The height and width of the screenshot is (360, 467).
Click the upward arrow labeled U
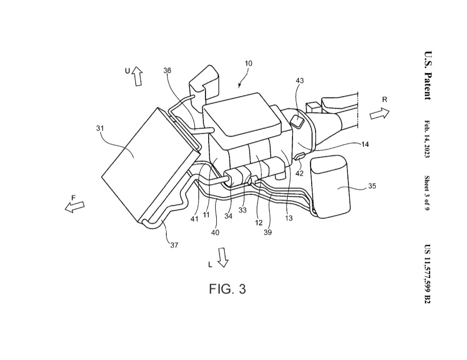[x=137, y=76]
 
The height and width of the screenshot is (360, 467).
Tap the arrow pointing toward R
[x=379, y=114]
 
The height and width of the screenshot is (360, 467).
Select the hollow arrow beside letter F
[x=75, y=207]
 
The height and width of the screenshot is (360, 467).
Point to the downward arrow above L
[x=223, y=257]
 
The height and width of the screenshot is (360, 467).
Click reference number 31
[x=100, y=128]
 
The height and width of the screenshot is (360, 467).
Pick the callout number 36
[x=168, y=71]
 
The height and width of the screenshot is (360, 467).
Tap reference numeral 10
[x=248, y=63]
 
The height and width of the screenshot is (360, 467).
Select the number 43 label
[x=299, y=81]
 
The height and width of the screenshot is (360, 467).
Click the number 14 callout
[x=365, y=145]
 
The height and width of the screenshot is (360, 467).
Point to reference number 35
[x=372, y=186]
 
